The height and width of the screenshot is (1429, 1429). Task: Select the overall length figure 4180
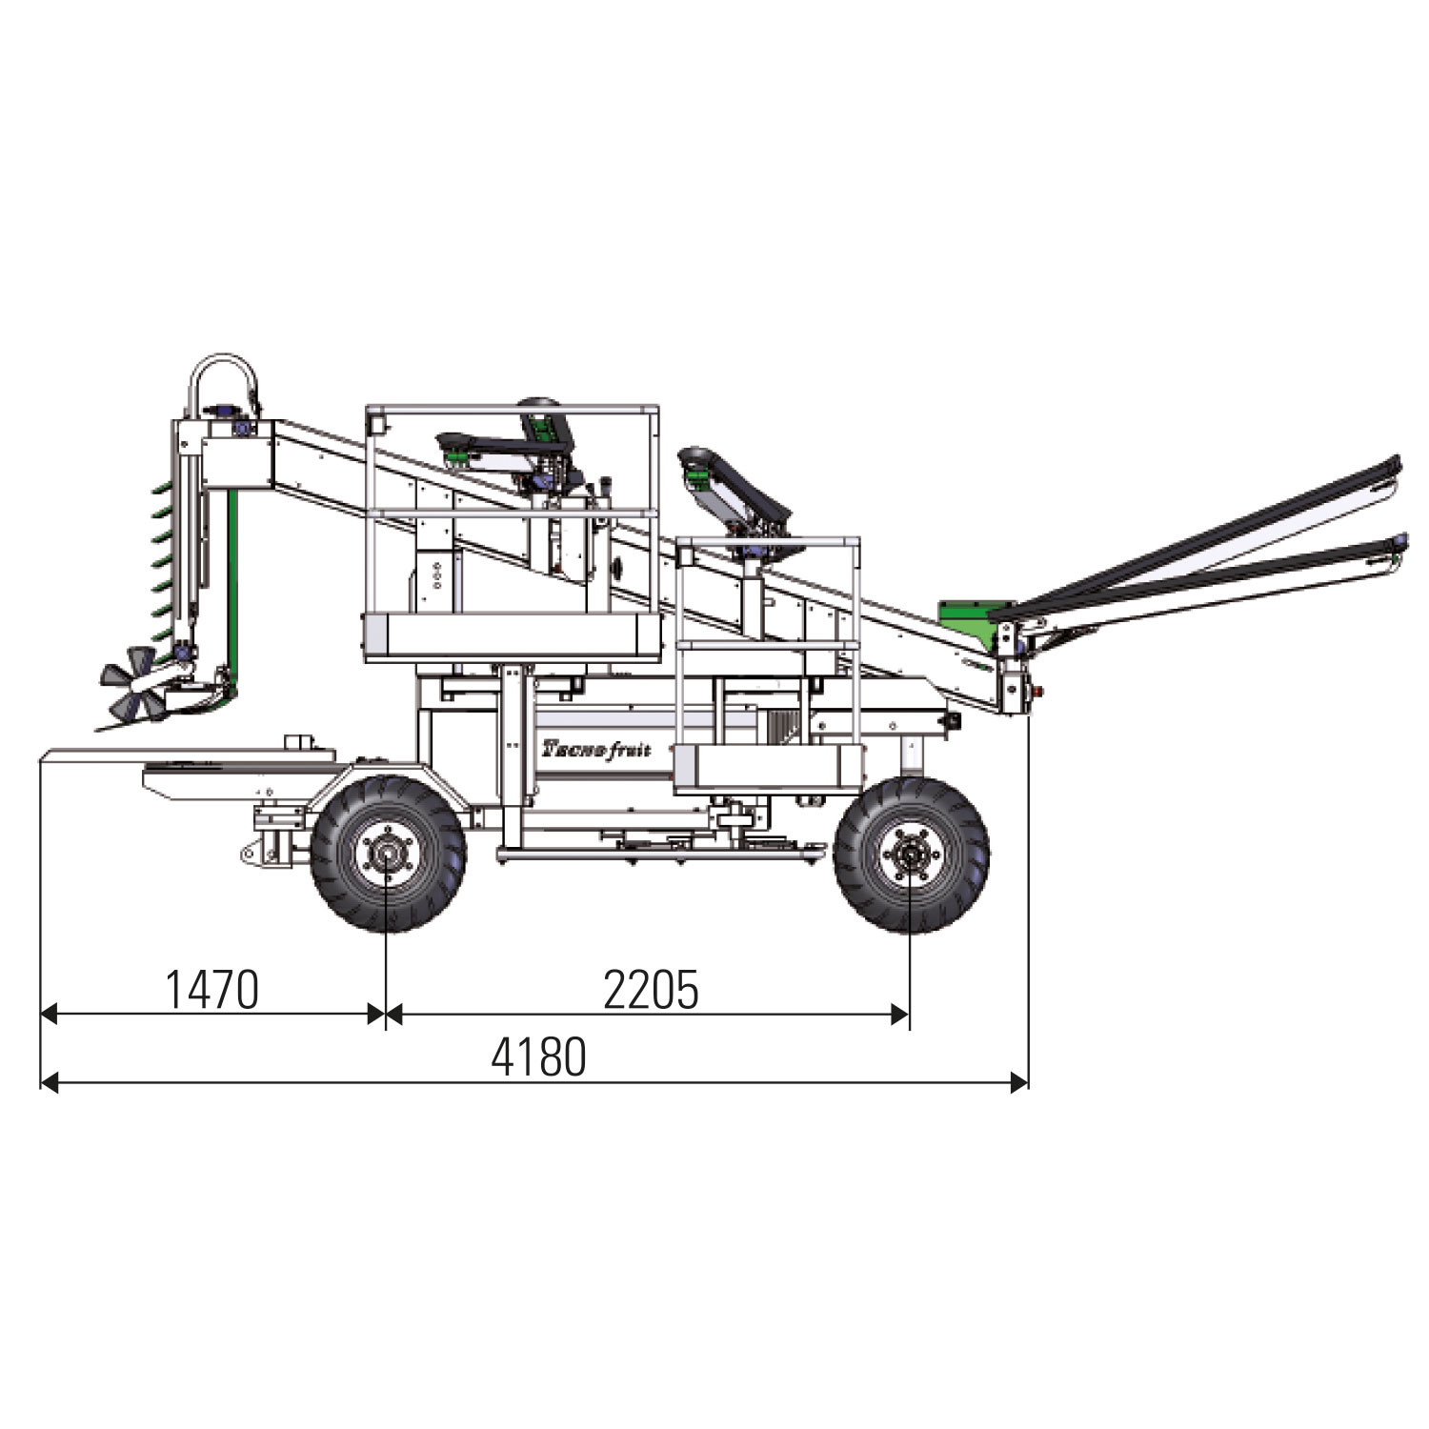click(538, 1057)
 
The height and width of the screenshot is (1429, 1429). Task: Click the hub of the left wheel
click(386, 853)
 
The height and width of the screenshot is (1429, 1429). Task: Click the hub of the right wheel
click(910, 853)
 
